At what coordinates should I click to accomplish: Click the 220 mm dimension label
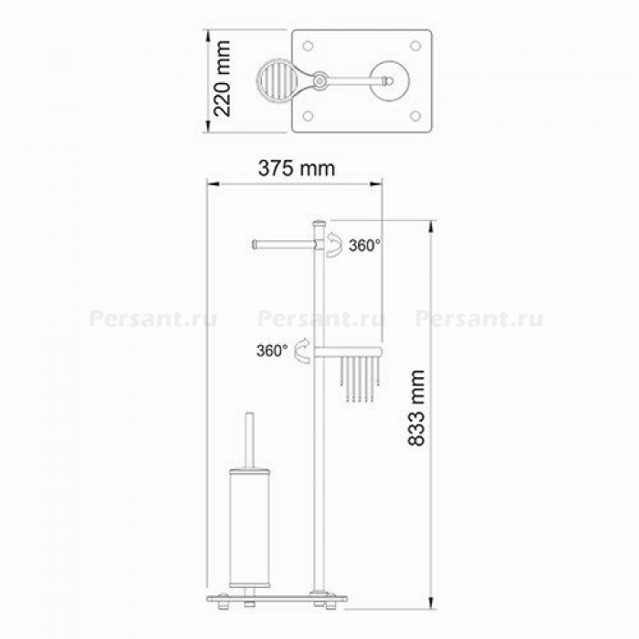pyautogui.click(x=223, y=79)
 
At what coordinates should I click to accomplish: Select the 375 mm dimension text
pyautogui.click(x=297, y=168)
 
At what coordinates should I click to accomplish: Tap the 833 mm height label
pyautogui.click(x=416, y=408)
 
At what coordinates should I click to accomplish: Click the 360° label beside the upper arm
pyautogui.click(x=365, y=246)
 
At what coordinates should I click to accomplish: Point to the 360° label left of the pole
pyautogui.click(x=272, y=351)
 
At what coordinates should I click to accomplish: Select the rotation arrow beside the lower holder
pyautogui.click(x=303, y=351)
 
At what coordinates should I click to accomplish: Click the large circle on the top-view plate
pyautogui.click(x=390, y=81)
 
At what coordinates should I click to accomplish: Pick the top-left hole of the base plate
pyautogui.click(x=309, y=46)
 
